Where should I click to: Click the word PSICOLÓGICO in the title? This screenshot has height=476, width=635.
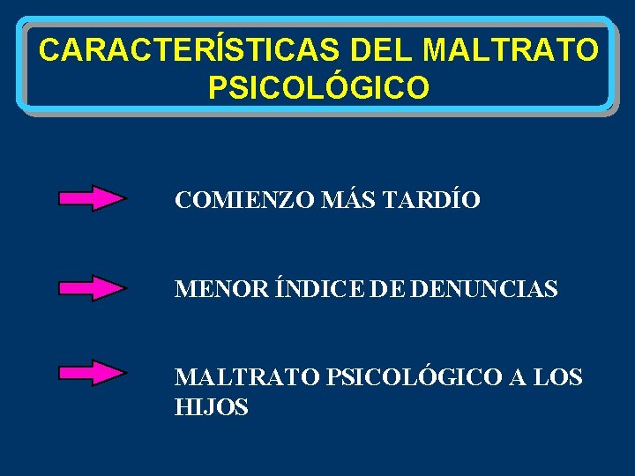pos(319,87)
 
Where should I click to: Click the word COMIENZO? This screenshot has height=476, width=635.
pos(232,201)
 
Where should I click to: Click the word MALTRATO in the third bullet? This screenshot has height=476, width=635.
pos(248,377)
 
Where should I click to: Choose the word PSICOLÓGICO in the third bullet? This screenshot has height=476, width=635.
pos(414,377)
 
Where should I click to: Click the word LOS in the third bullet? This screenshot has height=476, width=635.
pos(557,377)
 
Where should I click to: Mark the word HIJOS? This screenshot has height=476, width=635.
pos(212,407)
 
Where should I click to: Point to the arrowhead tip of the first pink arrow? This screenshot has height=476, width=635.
pos(124,198)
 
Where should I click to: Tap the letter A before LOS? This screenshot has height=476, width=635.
pos(517,377)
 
